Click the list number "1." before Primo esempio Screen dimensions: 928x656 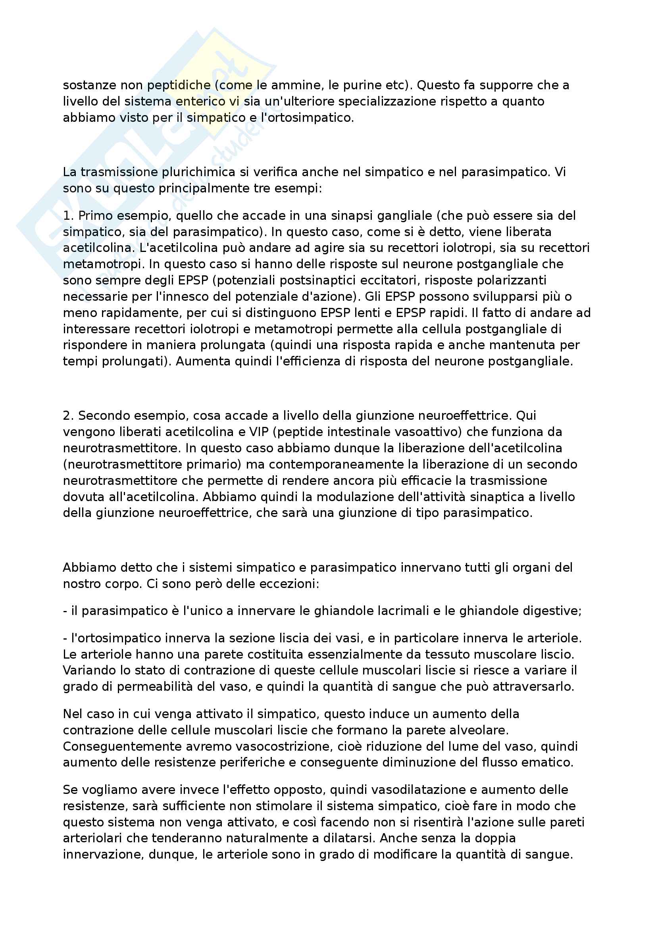click(x=68, y=216)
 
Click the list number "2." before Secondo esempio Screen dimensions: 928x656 click(x=68, y=415)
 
